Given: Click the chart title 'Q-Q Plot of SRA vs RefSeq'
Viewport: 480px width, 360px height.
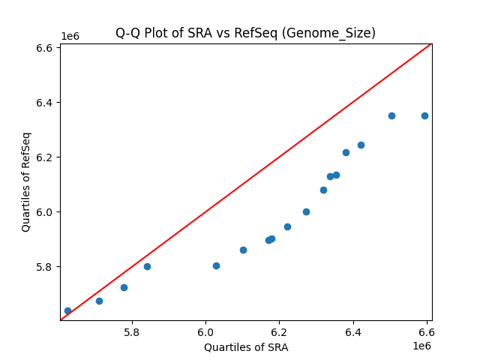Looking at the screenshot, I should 245,33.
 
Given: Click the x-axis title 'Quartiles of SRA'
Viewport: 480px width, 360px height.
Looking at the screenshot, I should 246,347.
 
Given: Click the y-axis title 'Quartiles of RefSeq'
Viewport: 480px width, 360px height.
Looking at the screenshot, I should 26,181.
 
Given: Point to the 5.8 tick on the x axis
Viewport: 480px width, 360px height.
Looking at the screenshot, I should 132,331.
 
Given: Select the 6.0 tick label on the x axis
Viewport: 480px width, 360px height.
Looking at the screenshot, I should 205,331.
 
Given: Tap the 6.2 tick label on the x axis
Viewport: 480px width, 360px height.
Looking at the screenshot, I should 279,331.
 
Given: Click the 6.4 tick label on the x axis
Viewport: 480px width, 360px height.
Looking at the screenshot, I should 353,331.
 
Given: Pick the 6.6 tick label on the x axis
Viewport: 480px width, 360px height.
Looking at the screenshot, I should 427,331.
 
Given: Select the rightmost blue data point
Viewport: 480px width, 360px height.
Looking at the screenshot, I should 424,115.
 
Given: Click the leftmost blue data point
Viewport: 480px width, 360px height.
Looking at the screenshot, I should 67,310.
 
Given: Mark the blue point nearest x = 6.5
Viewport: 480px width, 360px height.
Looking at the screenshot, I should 391,115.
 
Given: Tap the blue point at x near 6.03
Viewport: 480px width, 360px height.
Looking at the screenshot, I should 216,265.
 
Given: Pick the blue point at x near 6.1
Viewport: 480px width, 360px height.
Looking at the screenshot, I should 243,250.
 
